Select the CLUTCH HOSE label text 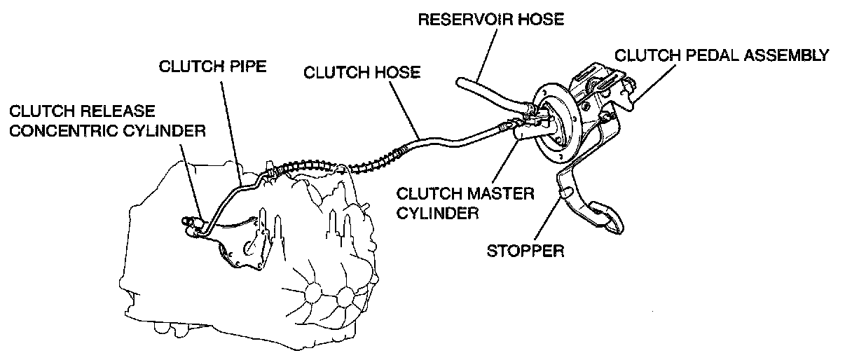click(362, 72)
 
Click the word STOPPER click(525, 250)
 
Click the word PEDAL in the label click(701, 55)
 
